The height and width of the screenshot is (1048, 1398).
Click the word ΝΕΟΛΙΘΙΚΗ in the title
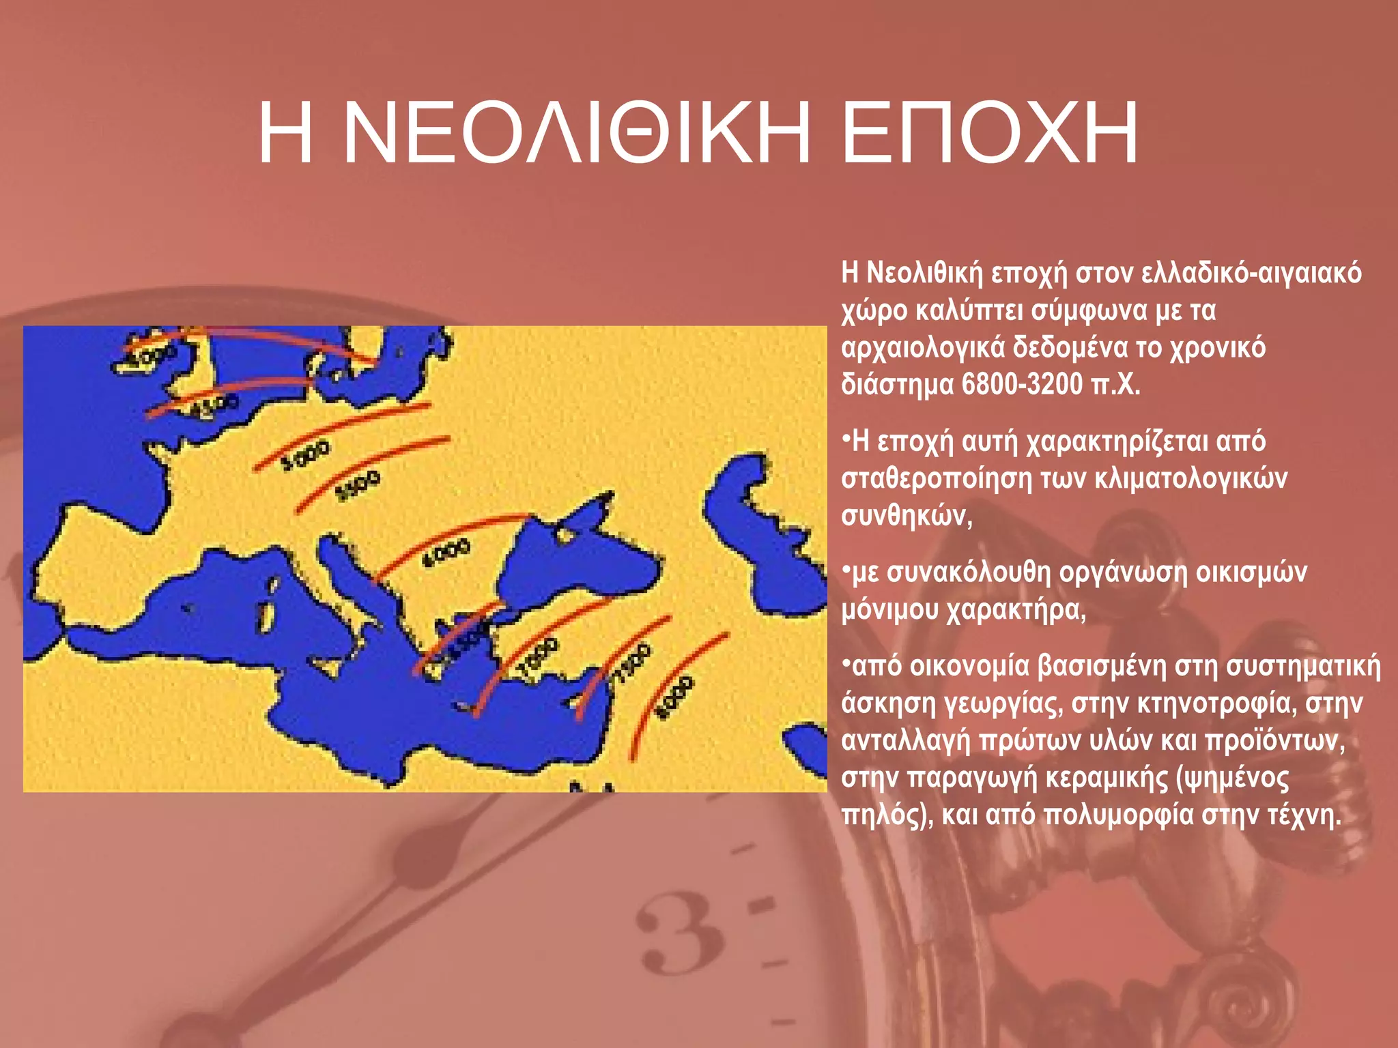pos(577,133)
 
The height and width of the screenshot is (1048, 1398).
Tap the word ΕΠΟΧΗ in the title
pos(990,133)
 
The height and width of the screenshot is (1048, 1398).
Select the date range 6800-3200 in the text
pos(1024,385)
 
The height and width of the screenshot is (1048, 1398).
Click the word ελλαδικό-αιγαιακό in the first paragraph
pos(1251,273)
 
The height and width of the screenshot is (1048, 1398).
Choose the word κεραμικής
pos(1107,778)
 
